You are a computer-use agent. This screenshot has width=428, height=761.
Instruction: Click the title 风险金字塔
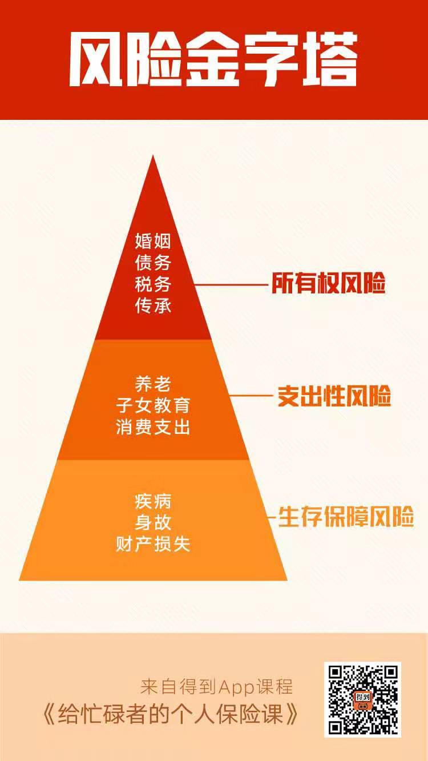tap(213, 60)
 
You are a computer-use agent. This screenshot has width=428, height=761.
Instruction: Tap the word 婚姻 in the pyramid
tap(153, 241)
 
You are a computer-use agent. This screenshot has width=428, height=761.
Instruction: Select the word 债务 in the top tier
tap(153, 263)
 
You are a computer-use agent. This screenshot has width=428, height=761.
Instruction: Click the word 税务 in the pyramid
tap(153, 284)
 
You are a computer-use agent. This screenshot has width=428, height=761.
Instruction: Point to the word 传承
tap(153, 305)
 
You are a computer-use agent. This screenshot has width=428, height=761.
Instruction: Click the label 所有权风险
tap(329, 283)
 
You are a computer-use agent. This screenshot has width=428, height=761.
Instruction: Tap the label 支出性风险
tap(334, 396)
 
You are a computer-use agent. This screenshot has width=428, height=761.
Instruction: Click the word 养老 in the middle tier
tap(153, 384)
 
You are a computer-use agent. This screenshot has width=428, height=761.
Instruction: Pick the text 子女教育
tap(153, 405)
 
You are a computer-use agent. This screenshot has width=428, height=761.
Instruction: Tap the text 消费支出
tap(153, 427)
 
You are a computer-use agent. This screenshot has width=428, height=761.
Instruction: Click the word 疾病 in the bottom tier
tap(153, 501)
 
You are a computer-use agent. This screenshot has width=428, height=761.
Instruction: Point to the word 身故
tap(153, 522)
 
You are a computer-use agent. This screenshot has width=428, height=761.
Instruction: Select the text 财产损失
tap(153, 544)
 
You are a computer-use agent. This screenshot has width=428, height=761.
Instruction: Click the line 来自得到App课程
tap(216, 687)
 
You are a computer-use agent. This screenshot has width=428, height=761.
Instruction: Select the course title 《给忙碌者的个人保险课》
tap(171, 714)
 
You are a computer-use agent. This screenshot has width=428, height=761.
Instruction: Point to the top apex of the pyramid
tap(153, 155)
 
